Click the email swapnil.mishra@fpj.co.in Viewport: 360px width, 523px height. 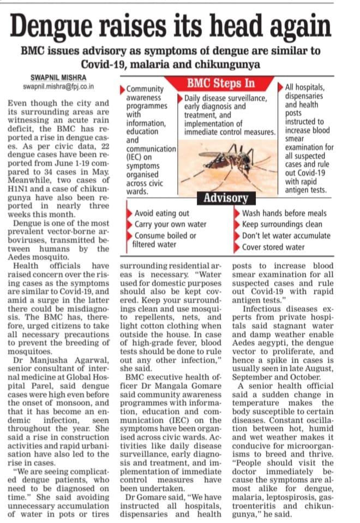pyautogui.click(x=59, y=86)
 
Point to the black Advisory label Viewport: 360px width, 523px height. pyautogui.click(x=225, y=197)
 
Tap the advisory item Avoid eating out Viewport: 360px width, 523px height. pyautogui.click(x=162, y=213)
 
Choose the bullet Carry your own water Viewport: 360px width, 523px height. pyautogui.click(x=171, y=224)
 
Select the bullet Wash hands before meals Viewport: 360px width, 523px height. pyautogui.click(x=284, y=213)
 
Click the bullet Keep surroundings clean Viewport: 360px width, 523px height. pyautogui.click(x=282, y=224)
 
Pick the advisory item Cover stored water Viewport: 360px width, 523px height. pyautogui.click(x=273, y=247)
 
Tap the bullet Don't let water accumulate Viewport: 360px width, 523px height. pyautogui.click(x=286, y=235)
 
